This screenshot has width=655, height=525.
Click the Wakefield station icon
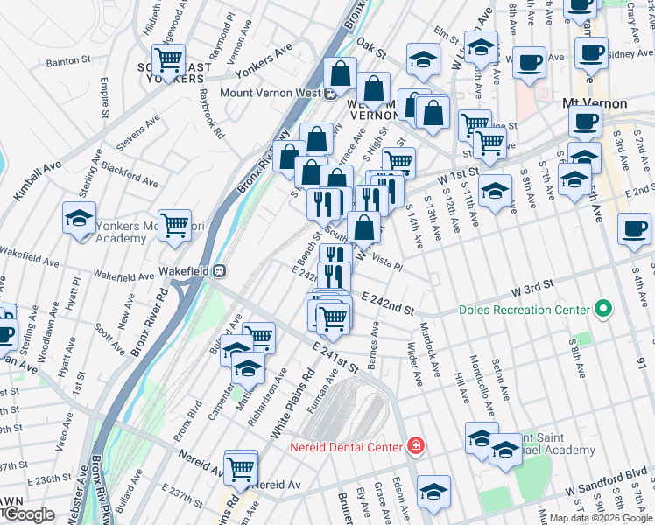pyautogui.click(x=222, y=271)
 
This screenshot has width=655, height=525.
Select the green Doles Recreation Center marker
pyautogui.click(x=602, y=310)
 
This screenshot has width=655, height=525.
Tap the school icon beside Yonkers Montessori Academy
pyautogui.click(x=79, y=220)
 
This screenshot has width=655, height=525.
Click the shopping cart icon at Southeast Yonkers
pyautogui.click(x=168, y=60)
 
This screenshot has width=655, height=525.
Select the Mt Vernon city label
pyautogui.click(x=594, y=103)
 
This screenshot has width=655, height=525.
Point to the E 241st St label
pyautogui.click(x=335, y=360)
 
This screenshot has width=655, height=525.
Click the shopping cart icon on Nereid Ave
pyautogui.click(x=241, y=468)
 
